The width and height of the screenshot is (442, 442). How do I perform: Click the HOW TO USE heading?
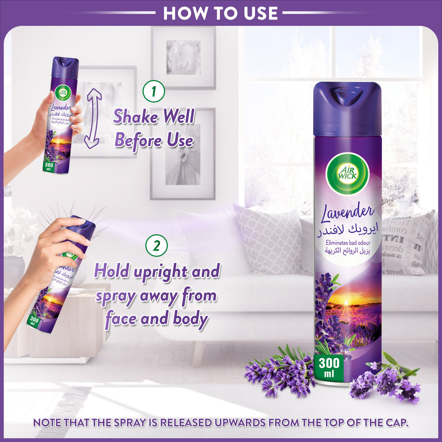220,13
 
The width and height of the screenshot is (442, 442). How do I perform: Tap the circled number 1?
153,91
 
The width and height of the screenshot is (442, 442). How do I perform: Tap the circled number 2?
157,246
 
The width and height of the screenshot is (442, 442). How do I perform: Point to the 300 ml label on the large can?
329,366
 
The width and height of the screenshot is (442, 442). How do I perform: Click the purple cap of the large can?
347,109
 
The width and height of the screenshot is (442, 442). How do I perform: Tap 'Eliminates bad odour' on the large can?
347,243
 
